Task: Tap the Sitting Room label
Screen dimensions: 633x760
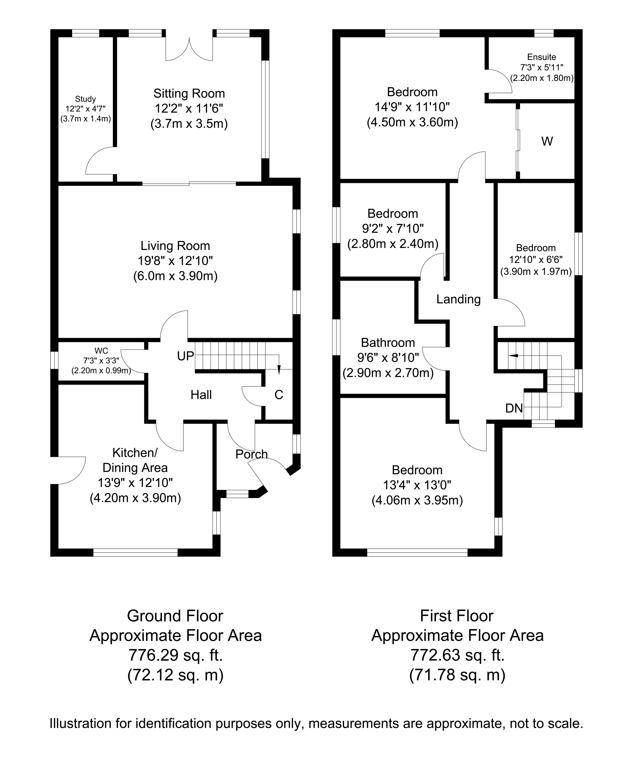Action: (189, 94)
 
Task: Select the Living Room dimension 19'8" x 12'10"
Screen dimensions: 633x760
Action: (175, 261)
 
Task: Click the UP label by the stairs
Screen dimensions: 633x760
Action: (185, 357)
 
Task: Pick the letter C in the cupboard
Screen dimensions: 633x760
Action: (279, 395)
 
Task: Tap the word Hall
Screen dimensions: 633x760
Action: (201, 395)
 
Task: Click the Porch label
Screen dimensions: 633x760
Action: (252, 454)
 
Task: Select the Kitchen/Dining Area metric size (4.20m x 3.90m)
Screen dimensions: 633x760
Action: (135, 498)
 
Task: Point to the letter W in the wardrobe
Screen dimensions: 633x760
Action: (547, 141)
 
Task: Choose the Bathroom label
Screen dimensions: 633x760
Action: (388, 342)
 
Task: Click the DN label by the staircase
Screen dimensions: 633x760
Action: (514, 408)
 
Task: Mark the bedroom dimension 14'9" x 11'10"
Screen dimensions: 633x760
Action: (412, 107)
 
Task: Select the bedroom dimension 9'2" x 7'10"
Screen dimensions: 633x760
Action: (393, 229)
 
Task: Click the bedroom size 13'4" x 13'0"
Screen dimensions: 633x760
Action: (417, 485)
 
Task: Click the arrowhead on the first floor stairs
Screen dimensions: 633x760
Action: (513, 356)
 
